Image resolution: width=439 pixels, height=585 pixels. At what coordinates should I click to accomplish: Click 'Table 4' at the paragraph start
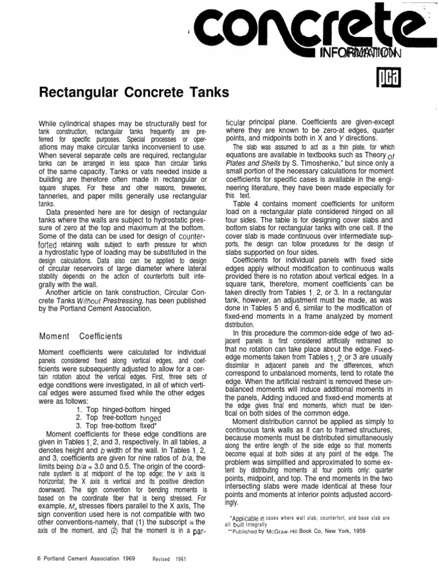pyautogui.click(x=246, y=203)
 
